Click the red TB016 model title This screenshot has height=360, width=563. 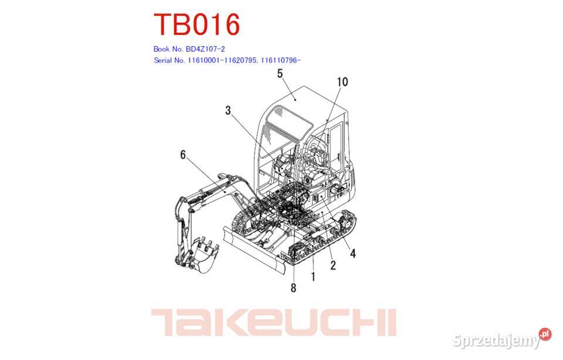coord(196,25)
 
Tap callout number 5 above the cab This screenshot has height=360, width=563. coord(280,74)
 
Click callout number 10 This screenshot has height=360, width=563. coord(342,82)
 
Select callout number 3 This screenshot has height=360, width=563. coord(228,110)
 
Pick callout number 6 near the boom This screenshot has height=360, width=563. coord(183,155)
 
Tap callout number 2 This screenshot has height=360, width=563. coord(333,266)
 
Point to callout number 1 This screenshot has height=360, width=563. coord(313,276)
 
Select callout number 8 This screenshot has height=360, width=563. coord(293,287)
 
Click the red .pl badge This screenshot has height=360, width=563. coord(545,334)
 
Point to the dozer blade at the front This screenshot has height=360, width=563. coord(252,249)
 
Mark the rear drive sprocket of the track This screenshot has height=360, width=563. coord(342,226)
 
